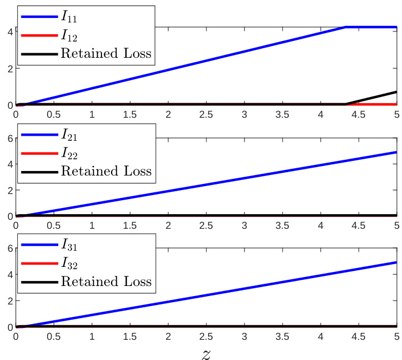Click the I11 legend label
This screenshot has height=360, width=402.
coord(70,18)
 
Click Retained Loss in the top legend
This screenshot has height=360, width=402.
coord(105,54)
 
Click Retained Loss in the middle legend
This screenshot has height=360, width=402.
coord(105,170)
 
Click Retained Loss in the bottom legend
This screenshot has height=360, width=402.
coord(105,281)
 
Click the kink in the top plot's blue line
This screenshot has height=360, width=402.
coord(345,27)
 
